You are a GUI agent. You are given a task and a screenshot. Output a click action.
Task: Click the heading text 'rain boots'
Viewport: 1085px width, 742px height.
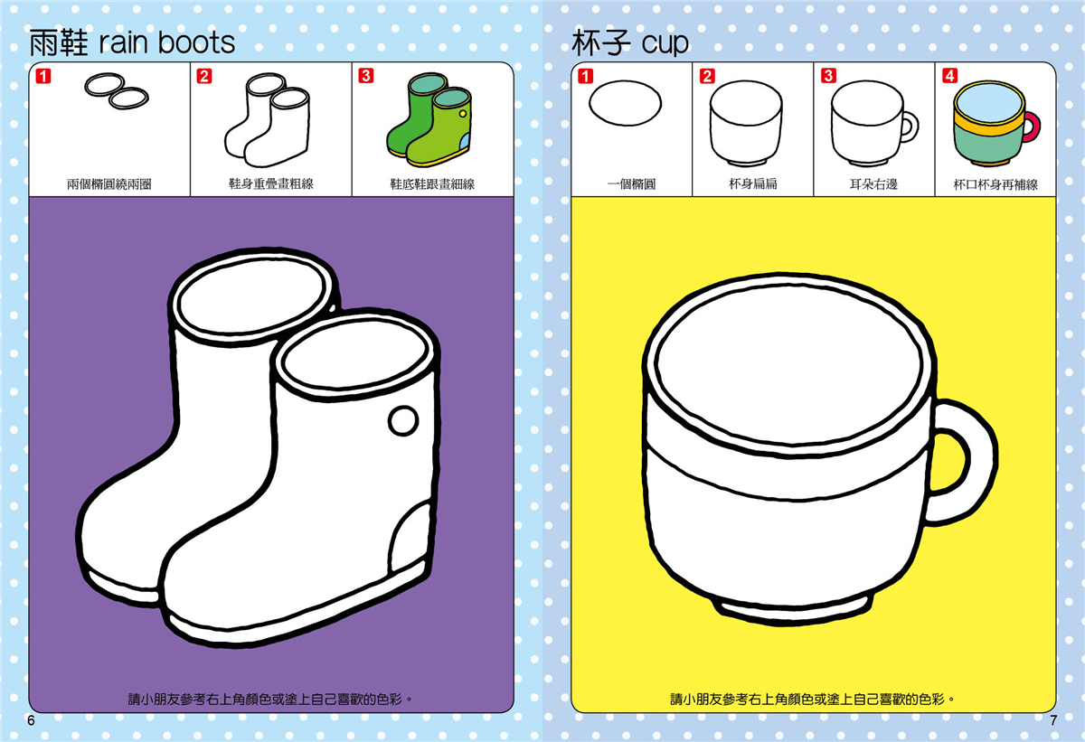(x=167, y=42)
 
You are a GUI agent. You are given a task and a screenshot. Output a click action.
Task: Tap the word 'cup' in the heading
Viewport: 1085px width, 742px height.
(x=665, y=44)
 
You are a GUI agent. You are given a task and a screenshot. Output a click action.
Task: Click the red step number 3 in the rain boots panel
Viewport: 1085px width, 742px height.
(x=365, y=76)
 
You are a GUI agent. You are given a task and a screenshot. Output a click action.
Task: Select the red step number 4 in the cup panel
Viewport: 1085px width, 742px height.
(x=949, y=76)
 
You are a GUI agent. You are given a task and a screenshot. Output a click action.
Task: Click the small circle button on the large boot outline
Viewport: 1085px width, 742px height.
(x=403, y=420)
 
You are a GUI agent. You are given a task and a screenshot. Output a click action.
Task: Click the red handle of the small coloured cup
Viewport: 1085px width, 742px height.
(x=1033, y=127)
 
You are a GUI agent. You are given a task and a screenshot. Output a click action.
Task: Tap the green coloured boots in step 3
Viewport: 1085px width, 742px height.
(x=429, y=119)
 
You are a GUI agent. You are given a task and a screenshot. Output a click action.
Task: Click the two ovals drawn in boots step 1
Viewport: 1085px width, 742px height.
(x=117, y=91)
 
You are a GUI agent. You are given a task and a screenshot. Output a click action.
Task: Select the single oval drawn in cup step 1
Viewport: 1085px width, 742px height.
(x=626, y=103)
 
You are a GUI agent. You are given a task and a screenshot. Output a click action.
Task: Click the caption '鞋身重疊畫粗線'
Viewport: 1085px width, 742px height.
(x=271, y=184)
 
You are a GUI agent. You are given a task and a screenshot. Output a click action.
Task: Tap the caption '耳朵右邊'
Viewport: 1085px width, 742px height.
(x=873, y=184)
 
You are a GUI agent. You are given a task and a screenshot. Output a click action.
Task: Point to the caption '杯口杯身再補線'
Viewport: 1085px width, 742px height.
(x=995, y=184)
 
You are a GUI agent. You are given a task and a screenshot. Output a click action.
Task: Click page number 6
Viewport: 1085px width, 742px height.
(x=31, y=720)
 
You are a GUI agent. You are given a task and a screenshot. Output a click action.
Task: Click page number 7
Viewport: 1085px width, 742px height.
(x=1053, y=720)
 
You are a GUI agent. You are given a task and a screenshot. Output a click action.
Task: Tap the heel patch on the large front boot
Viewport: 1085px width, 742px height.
(x=410, y=537)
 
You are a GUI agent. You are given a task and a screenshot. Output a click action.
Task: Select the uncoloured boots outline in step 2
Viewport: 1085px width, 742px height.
(x=267, y=120)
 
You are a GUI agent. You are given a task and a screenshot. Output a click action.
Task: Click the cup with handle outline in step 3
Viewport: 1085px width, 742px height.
(x=874, y=123)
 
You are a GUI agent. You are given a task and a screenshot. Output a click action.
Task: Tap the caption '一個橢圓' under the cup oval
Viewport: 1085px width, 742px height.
(x=632, y=184)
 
